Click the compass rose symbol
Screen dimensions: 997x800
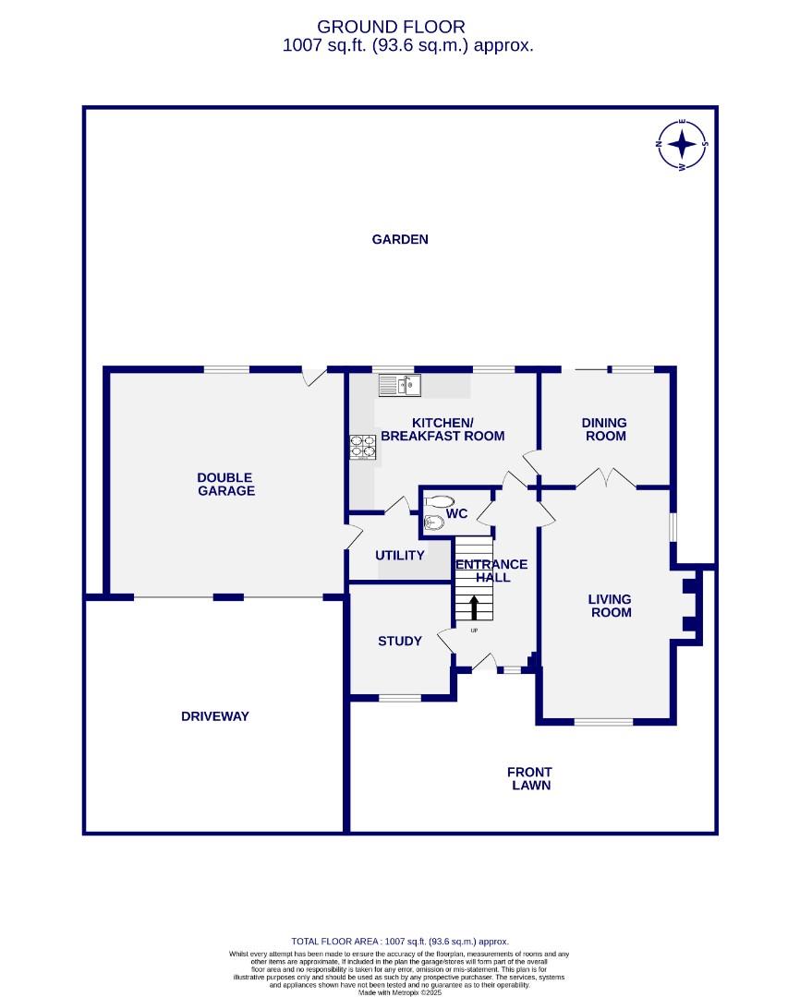point(682,144)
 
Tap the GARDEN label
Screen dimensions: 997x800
point(400,239)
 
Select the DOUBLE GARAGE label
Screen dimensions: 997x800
point(225,484)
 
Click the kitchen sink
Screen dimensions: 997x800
point(400,384)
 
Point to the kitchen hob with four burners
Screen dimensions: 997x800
point(363,447)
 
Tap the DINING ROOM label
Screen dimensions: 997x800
point(604,429)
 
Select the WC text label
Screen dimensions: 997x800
point(456,514)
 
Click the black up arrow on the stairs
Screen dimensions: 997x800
point(475,607)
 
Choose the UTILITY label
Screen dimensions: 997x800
point(399,556)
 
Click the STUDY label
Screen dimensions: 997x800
point(400,641)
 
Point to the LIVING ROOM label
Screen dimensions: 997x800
point(611,606)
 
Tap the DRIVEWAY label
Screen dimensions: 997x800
point(215,716)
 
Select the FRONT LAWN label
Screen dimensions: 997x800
point(530,778)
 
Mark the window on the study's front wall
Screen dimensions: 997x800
point(401,698)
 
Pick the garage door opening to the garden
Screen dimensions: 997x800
point(315,377)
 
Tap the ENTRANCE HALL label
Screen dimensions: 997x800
point(491,571)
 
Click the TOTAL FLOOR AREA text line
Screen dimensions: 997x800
point(400,941)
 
